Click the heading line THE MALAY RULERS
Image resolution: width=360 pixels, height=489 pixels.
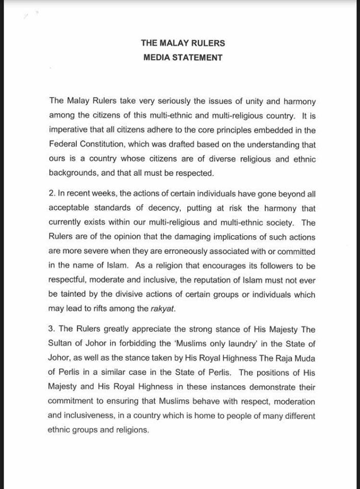[x=183, y=43]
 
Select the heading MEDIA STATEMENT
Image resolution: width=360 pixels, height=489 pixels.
[x=183, y=58]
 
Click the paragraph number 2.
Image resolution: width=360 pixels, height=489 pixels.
[x=51, y=194]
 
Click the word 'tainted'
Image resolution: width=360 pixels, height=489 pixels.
[x=73, y=294]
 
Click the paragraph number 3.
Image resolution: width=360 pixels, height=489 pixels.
[x=51, y=330]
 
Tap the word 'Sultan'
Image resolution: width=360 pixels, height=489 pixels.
[x=61, y=344]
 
